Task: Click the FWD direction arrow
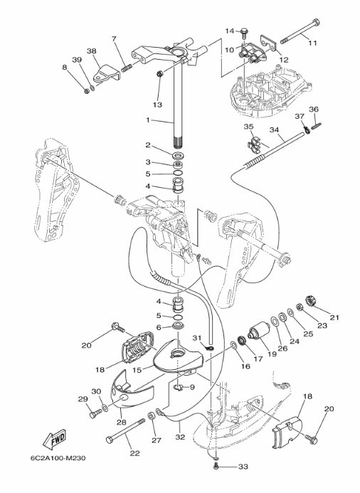(54, 438)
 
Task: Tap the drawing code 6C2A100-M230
(58, 458)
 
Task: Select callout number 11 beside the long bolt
(312, 43)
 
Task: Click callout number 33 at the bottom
(243, 467)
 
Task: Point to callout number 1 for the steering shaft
(148, 120)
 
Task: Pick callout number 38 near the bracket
(92, 51)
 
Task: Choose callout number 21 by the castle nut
(334, 317)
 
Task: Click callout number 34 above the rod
(274, 129)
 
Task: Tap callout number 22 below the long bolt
(135, 453)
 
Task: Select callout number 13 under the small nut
(157, 105)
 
